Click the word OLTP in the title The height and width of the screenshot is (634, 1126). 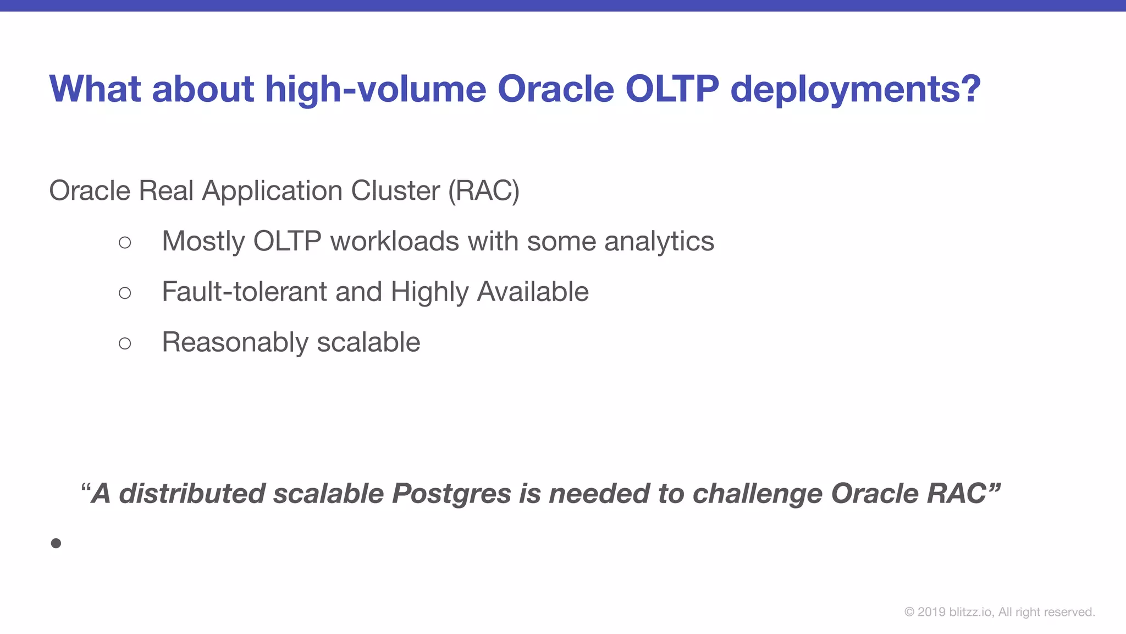point(672,89)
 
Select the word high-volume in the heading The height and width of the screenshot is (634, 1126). point(376,90)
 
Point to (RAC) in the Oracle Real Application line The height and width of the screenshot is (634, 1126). point(483,191)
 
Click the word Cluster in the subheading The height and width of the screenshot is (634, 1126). point(395,191)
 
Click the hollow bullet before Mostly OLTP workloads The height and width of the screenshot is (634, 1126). point(125,242)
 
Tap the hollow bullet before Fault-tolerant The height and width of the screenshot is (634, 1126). point(125,293)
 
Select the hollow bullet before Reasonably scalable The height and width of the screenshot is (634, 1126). point(125,343)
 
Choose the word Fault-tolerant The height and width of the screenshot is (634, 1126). point(244,292)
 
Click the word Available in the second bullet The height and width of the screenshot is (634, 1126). point(533,292)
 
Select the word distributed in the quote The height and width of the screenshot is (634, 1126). point(192,493)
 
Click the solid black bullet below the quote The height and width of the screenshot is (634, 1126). point(56,544)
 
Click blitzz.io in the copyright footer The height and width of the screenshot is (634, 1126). point(971,612)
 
